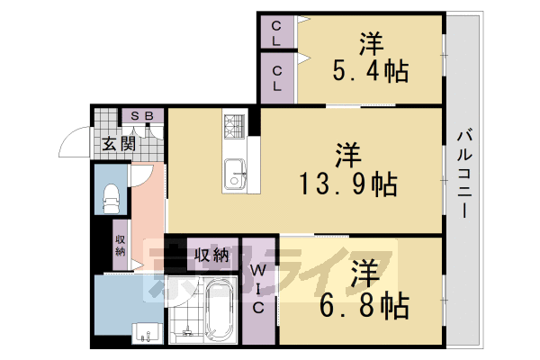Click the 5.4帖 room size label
click(x=370, y=70)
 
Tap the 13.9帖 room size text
click(x=349, y=184)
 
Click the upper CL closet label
click(x=276, y=33)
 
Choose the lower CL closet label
click(x=277, y=79)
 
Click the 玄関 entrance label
click(x=118, y=142)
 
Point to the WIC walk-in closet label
click(x=257, y=287)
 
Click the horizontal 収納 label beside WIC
click(x=212, y=253)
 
